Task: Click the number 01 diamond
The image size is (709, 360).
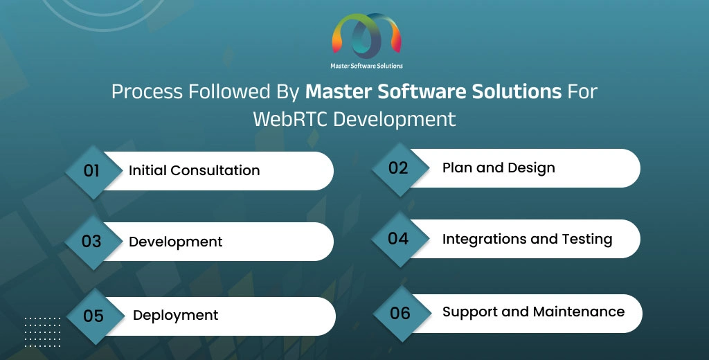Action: point(93,172)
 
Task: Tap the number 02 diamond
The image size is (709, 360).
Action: point(400,169)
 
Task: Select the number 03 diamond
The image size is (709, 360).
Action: point(93,242)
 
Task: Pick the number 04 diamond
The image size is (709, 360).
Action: point(400,240)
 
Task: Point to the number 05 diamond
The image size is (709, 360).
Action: point(96,316)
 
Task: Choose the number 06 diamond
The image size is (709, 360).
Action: point(402,314)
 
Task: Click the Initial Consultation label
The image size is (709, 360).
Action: point(195,170)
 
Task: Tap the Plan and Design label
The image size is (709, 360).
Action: point(499,168)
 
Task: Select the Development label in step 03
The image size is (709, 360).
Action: point(175,242)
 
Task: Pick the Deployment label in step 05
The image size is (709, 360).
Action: point(175,316)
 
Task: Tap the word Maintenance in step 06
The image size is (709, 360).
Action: point(579,312)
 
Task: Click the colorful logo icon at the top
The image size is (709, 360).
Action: point(367,35)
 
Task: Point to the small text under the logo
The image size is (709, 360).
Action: point(367,66)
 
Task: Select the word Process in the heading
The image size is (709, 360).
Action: point(147,92)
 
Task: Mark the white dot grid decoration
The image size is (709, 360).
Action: point(42,332)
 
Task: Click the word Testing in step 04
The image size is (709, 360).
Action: point(587,240)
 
